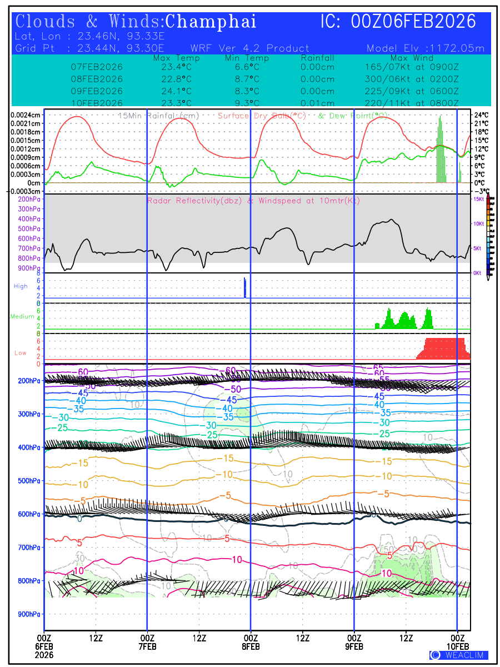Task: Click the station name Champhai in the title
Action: (x=211, y=22)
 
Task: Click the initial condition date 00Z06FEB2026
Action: (x=414, y=22)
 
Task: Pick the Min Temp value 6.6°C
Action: (x=247, y=67)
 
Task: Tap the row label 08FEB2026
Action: (x=97, y=79)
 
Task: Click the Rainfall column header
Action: (x=317, y=58)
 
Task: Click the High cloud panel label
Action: (x=21, y=286)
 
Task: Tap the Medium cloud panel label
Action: (x=22, y=317)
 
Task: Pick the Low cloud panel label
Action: (x=21, y=353)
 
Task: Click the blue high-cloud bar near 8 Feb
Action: (x=244, y=288)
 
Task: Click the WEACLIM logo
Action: (x=459, y=655)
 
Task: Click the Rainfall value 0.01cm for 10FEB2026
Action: (x=317, y=103)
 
